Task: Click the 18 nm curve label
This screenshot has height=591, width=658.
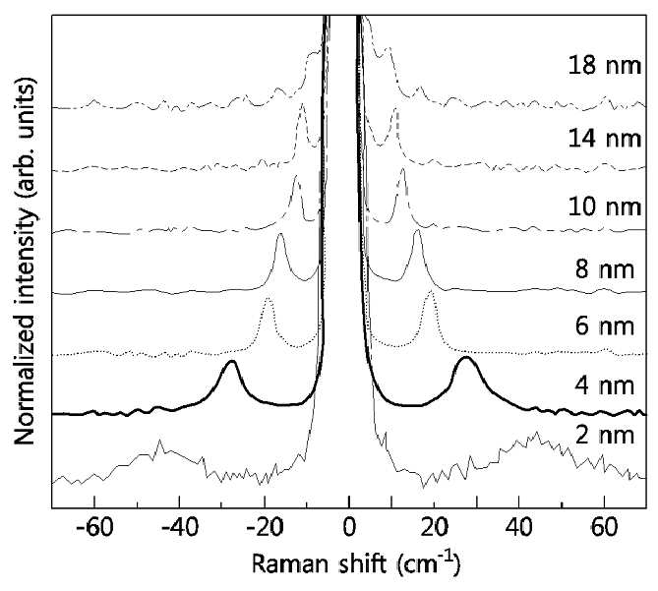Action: pos(605,66)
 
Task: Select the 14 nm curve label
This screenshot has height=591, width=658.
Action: pos(605,138)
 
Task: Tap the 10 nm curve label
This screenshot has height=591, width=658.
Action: pos(605,207)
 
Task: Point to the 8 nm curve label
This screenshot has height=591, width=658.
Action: pos(605,268)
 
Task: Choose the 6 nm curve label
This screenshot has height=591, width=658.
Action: pos(605,325)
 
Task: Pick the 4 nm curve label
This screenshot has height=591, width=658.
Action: pos(605,385)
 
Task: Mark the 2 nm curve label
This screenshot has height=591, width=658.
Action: pos(605,435)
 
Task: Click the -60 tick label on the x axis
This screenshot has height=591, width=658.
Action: pos(94,527)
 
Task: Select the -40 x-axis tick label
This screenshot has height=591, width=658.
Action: pos(179,527)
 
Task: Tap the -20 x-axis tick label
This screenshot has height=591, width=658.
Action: pos(264,527)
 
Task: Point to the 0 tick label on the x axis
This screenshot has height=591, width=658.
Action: pos(349,527)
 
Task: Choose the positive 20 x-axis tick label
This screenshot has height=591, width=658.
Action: pos(434,527)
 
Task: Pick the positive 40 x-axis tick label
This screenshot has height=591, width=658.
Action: pos(519,527)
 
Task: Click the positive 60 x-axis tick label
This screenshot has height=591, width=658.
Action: pos(604,527)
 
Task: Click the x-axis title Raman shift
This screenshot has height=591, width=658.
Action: pos(319,564)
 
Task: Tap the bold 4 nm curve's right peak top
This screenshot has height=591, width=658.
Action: pos(466,358)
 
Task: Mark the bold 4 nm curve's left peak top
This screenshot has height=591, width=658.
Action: pos(231,361)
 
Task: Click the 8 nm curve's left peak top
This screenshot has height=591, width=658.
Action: pos(280,234)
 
